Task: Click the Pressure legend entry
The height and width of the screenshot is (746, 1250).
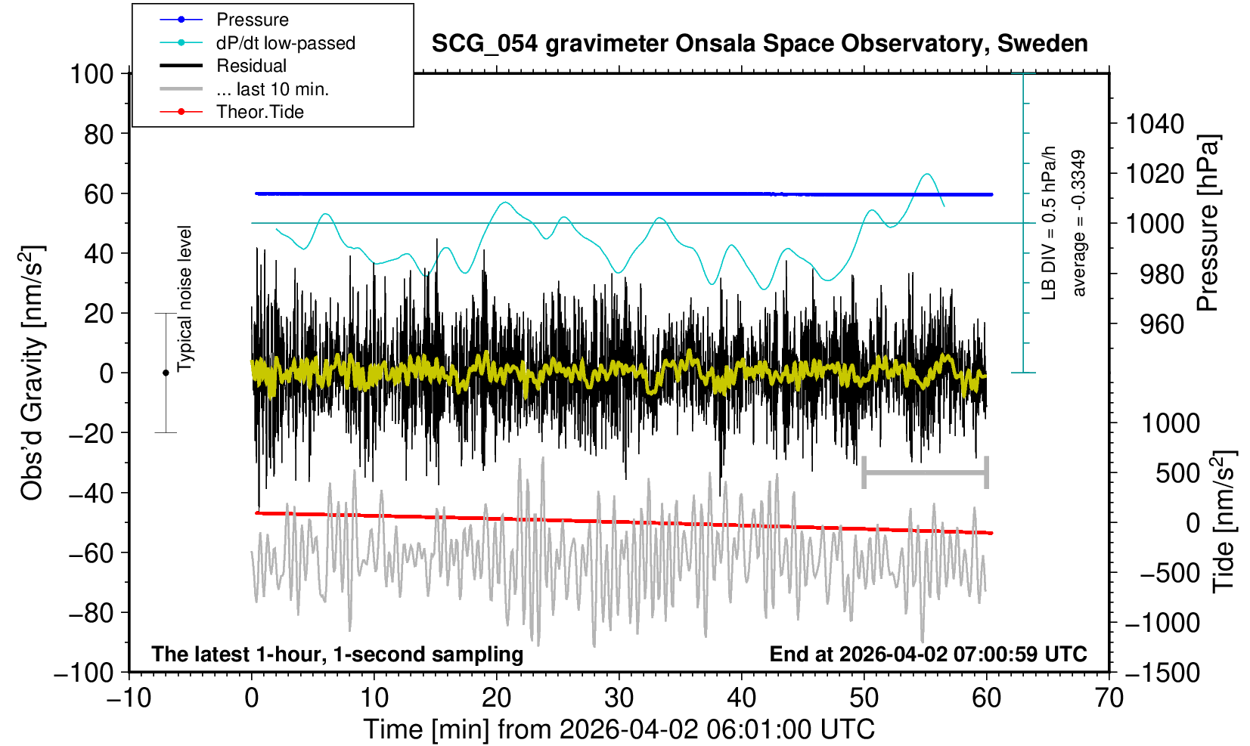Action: [x=252, y=20]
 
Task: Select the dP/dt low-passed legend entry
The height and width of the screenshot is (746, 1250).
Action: [x=285, y=43]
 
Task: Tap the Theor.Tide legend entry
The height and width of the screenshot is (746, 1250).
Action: [x=259, y=112]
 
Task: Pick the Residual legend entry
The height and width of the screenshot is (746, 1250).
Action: [x=251, y=66]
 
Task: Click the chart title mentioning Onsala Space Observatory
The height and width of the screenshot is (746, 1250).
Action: [x=759, y=44]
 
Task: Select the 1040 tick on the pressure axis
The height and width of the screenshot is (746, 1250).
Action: [x=1155, y=123]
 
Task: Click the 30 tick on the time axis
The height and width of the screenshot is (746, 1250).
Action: [x=619, y=698]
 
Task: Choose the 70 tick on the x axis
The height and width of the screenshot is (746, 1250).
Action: [x=1109, y=698]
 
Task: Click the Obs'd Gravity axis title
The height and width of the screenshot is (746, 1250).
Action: [x=33, y=373]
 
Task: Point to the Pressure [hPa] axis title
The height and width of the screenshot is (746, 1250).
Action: [x=1208, y=224]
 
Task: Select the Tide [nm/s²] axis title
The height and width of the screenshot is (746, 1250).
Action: [x=1223, y=522]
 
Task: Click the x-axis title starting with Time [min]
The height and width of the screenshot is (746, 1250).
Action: [x=619, y=729]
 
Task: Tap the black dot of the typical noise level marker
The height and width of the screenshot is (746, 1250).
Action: [x=166, y=373]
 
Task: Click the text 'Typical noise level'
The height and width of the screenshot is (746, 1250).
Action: [x=185, y=299]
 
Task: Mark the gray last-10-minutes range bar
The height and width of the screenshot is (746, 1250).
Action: [x=925, y=473]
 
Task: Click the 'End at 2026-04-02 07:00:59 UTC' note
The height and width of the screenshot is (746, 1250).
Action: [x=928, y=654]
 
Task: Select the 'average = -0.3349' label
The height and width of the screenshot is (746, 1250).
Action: [x=1079, y=223]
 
